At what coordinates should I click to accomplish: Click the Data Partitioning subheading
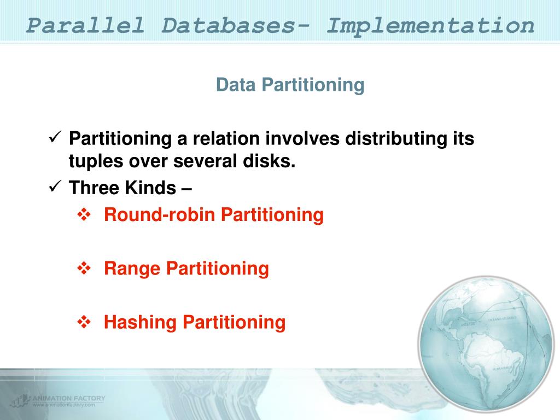pyautogui.click(x=290, y=85)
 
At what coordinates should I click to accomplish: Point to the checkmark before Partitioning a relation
pyautogui.click(x=54, y=138)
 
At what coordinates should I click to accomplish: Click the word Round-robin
pyautogui.click(x=160, y=215)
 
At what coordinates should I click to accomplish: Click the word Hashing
pyautogui.click(x=141, y=322)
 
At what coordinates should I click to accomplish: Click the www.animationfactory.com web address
pyautogui.click(x=64, y=405)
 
